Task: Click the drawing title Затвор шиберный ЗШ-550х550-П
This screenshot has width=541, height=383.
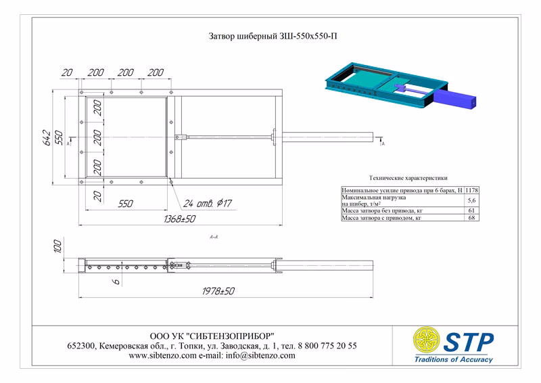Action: pos(273,36)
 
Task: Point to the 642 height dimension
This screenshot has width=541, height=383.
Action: pos(47,137)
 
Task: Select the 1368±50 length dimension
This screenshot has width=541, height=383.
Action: pos(179,219)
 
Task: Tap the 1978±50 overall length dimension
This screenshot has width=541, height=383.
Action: pos(218,291)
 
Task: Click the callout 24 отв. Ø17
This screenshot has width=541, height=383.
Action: pos(208,203)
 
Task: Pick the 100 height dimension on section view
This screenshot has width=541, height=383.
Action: pos(58,246)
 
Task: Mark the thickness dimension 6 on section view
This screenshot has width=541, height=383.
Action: pos(116,281)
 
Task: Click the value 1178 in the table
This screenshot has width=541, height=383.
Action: pos(471,190)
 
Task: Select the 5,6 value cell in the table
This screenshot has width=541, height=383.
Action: pos(471,200)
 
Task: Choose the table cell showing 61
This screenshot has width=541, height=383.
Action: pos(471,210)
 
